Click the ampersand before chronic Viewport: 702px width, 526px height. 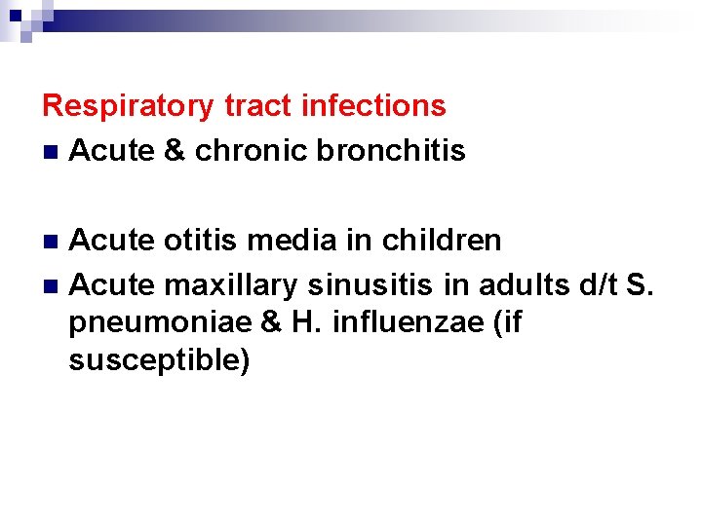click(x=175, y=151)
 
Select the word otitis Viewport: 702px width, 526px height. click(x=198, y=239)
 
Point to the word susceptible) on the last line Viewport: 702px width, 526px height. click(x=160, y=360)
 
